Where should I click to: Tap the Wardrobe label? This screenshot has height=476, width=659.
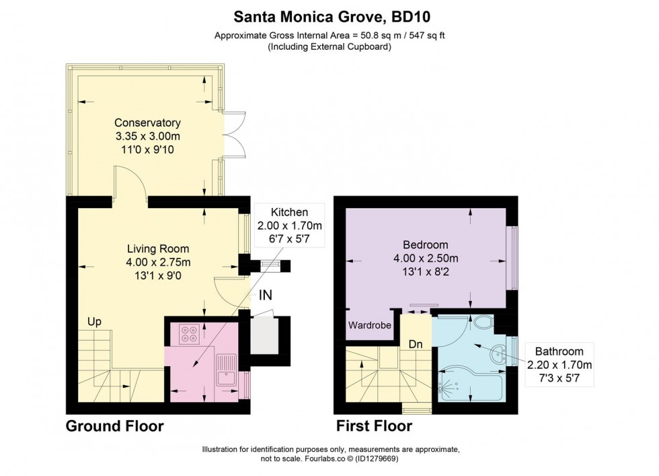[x=369, y=325]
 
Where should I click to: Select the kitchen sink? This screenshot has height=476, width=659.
[x=225, y=372]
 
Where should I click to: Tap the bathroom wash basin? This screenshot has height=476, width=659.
[x=498, y=354]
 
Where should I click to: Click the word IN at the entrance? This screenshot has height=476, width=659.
[x=266, y=294]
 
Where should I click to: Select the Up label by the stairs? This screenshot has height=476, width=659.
[x=94, y=322]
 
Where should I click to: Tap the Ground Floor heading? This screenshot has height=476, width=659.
[x=114, y=426]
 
